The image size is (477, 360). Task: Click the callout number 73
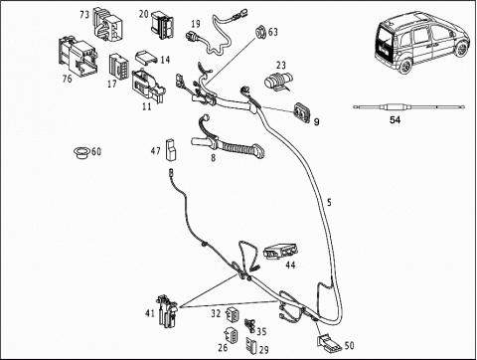tap(84, 15)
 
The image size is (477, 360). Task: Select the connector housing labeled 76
tap(79, 58)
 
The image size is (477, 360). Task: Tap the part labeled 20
tap(163, 25)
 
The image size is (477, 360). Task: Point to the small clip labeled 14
tap(146, 57)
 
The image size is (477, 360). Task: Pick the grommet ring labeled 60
tap(81, 152)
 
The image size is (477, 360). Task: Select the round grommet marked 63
tap(260, 32)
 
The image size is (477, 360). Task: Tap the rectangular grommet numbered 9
tap(302, 111)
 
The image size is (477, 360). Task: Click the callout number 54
tap(395, 120)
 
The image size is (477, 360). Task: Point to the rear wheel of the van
tap(405, 66)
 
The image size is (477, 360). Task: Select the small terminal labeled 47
tap(172, 149)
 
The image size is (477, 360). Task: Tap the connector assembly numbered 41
tap(168, 311)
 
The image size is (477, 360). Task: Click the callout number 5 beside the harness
tap(329, 202)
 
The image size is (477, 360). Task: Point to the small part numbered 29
tap(250, 346)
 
